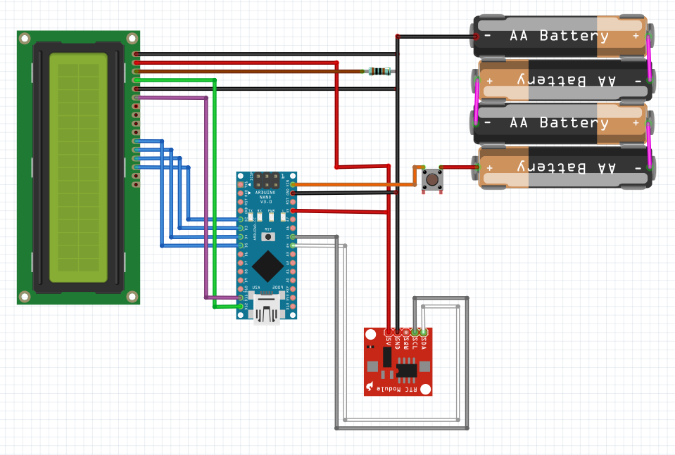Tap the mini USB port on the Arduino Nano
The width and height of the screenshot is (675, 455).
click(x=267, y=309)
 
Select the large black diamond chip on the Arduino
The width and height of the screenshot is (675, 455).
click(x=267, y=266)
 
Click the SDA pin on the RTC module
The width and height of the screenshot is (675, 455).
click(x=424, y=331)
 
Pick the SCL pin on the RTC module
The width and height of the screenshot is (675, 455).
click(x=415, y=331)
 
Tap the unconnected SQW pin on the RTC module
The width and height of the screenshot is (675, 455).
click(x=406, y=331)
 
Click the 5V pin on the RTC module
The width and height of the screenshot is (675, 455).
click(x=389, y=331)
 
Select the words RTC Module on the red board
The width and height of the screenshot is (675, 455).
click(x=398, y=388)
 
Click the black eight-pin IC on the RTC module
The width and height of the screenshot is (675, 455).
click(x=406, y=369)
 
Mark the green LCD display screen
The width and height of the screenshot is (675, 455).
click(x=78, y=167)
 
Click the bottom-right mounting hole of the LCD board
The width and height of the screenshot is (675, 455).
click(x=132, y=296)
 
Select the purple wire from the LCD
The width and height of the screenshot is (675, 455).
click(x=206, y=197)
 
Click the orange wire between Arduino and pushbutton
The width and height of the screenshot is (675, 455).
click(x=352, y=184)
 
